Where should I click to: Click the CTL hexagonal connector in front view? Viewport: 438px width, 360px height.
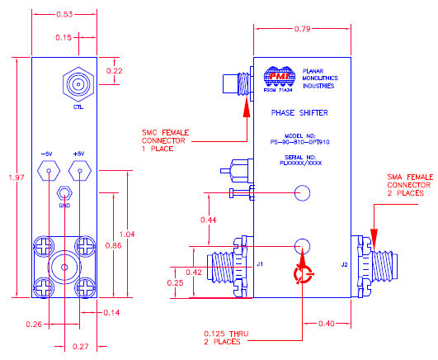[78, 84]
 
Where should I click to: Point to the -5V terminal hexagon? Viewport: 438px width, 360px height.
[47, 172]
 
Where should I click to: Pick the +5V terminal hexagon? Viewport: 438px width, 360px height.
[79, 172]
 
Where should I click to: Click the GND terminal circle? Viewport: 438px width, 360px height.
[64, 194]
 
